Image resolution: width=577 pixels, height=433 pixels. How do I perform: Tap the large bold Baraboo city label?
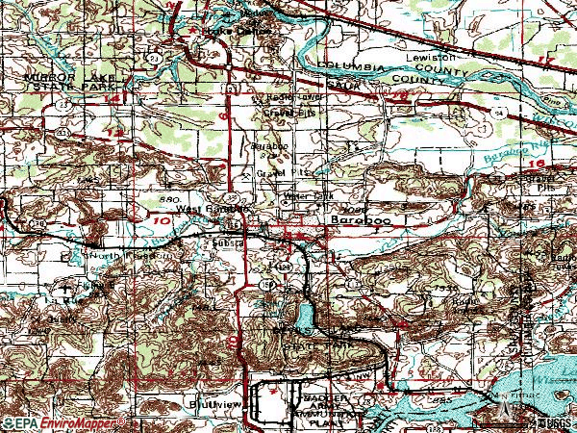[355, 219]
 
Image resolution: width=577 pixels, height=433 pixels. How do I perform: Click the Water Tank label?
[310, 196]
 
